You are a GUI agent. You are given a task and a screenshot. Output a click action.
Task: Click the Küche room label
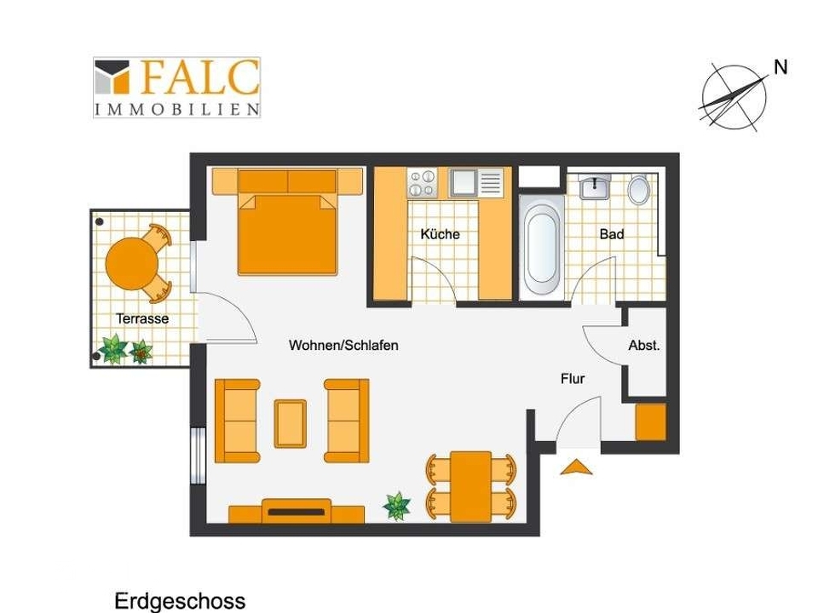click(440, 234)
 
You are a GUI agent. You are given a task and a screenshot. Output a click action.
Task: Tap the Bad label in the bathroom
click(612, 234)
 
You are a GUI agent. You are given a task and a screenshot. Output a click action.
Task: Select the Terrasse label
click(142, 318)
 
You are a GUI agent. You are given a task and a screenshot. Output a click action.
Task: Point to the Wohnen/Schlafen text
click(343, 345)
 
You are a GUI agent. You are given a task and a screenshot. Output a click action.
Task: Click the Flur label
click(573, 378)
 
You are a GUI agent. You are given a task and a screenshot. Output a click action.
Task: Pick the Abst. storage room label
click(644, 345)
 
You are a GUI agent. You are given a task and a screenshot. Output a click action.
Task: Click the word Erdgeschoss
click(180, 601)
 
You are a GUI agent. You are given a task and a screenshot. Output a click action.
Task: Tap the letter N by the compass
click(781, 67)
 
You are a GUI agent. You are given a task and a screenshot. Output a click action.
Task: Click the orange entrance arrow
click(577, 467)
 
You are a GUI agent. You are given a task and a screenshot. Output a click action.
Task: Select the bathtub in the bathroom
click(542, 248)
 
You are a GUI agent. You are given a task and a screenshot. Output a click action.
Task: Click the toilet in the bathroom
click(638, 188)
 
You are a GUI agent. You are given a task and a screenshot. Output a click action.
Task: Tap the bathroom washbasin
click(594, 186)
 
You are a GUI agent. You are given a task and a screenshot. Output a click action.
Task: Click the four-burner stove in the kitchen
click(422, 183)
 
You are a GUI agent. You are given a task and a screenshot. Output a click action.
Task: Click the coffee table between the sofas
click(290, 423)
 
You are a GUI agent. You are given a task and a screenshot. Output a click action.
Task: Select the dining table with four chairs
click(471, 486)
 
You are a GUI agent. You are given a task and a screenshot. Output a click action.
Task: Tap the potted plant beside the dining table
click(396, 505)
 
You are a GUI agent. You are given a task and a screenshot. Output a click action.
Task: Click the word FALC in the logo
click(199, 77)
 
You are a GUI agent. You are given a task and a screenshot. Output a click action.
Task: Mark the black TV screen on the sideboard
click(297, 512)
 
